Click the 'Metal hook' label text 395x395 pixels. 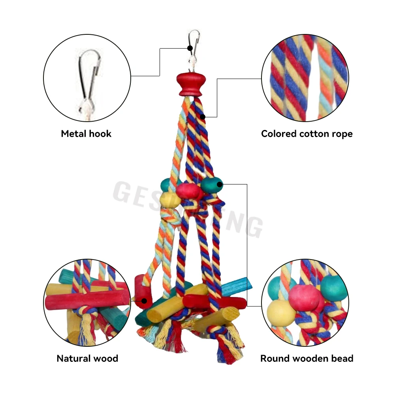[86, 134]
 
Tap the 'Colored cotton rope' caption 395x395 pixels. [307, 134]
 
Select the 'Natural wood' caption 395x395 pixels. [87, 359]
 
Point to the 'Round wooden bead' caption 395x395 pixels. [307, 359]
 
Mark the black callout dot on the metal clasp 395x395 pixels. [190, 48]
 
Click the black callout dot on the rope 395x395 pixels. [203, 117]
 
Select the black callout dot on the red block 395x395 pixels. [145, 301]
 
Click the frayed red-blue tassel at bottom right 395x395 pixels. [224, 348]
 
